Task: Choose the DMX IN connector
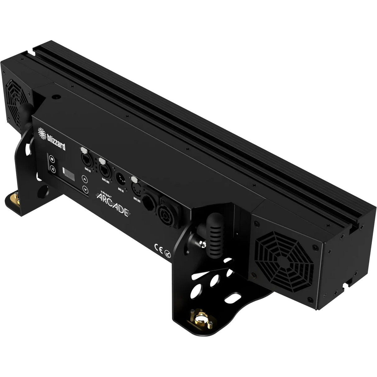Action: [x=120, y=179]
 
